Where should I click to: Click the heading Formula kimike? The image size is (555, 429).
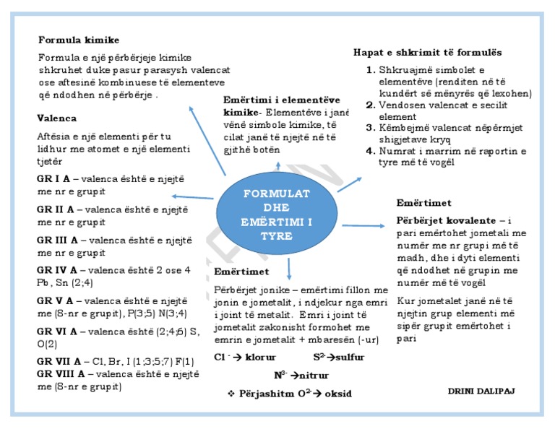(x=79, y=40)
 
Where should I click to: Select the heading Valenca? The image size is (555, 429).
(x=57, y=118)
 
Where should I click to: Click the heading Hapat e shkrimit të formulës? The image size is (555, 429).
(x=427, y=53)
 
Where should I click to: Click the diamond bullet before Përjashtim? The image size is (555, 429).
(x=231, y=394)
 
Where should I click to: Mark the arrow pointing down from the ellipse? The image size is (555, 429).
(x=289, y=267)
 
